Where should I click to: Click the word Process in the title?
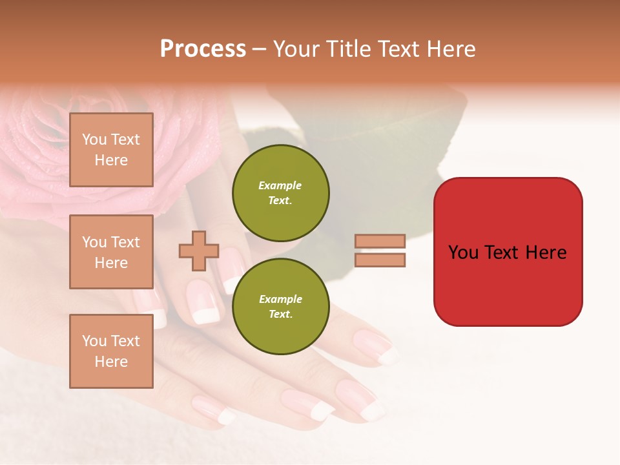click(x=203, y=49)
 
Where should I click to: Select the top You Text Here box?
click(x=111, y=150)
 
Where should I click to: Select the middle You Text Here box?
click(x=111, y=252)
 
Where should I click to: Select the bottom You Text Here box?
click(x=111, y=351)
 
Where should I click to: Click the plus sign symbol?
click(x=199, y=251)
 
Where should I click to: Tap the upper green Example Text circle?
click(x=280, y=193)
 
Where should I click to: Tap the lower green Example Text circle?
click(x=280, y=307)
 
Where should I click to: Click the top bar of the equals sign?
click(x=380, y=241)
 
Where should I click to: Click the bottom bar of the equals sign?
click(x=380, y=260)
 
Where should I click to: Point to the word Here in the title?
click(x=452, y=49)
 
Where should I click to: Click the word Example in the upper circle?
click(x=280, y=185)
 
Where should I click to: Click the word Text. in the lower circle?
click(x=280, y=315)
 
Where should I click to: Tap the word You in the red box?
click(x=463, y=253)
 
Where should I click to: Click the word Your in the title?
click(x=296, y=49)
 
